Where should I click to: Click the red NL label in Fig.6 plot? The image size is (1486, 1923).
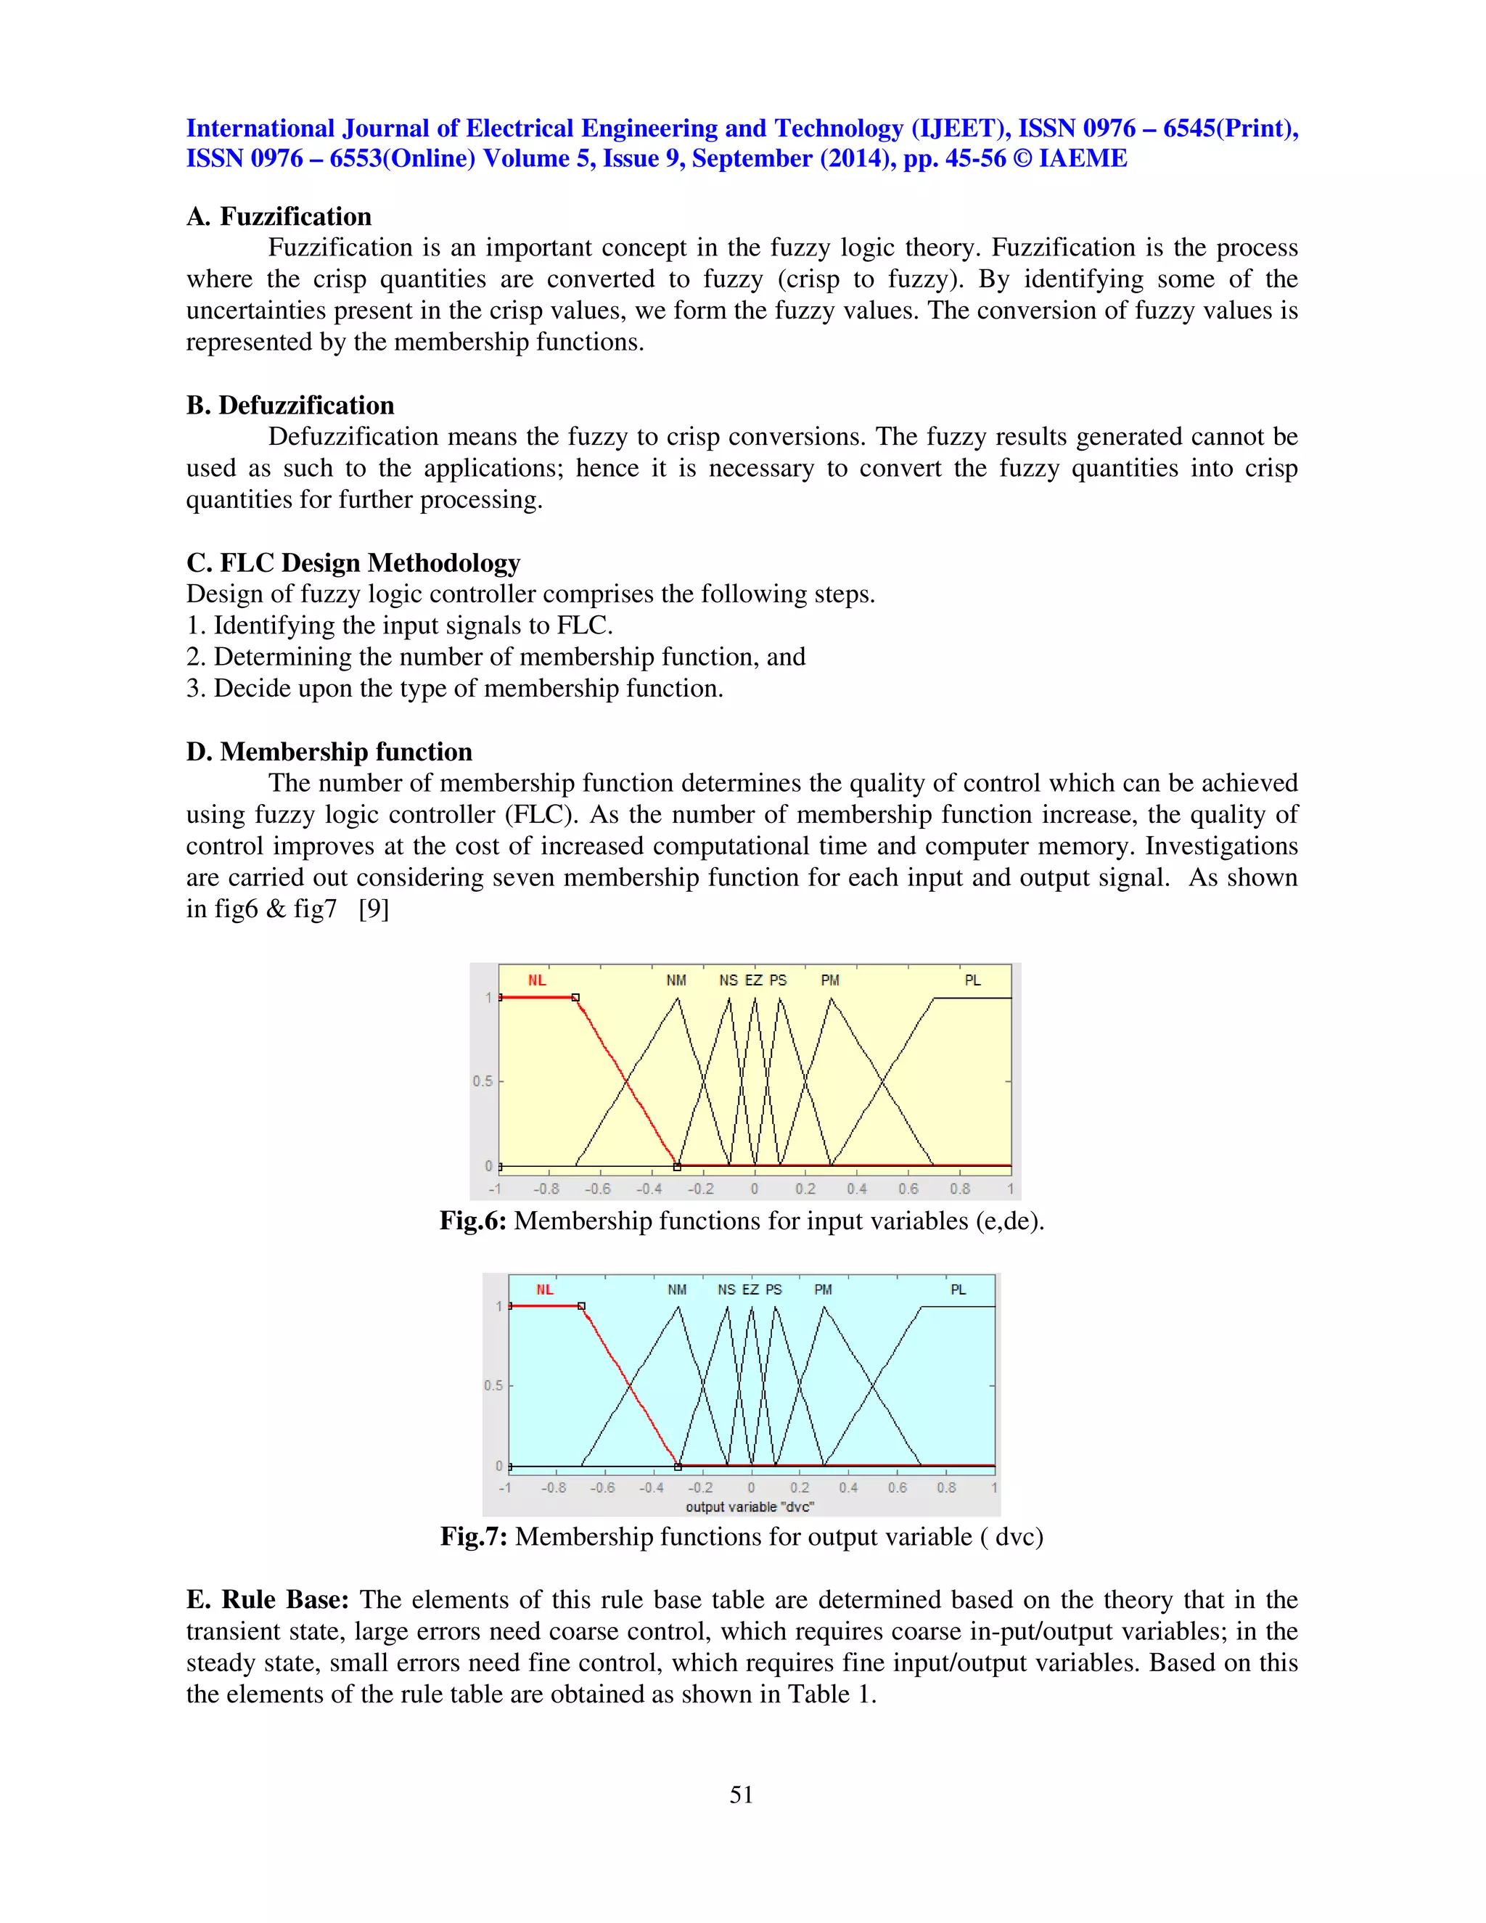[x=537, y=980]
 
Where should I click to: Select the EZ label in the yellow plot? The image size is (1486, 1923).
[x=754, y=980]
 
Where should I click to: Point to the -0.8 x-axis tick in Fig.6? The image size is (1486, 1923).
[x=546, y=1189]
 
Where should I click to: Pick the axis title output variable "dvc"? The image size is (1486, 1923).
[x=749, y=1506]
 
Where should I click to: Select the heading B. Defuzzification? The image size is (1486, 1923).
[x=290, y=405]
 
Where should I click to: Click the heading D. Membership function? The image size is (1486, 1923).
[x=329, y=751]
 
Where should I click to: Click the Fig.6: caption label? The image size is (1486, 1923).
[x=473, y=1221]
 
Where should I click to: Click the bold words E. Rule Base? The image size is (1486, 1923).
[x=268, y=1600]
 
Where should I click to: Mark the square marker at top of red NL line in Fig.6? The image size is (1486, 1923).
[x=575, y=998]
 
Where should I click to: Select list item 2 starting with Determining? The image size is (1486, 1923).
[x=496, y=657]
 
